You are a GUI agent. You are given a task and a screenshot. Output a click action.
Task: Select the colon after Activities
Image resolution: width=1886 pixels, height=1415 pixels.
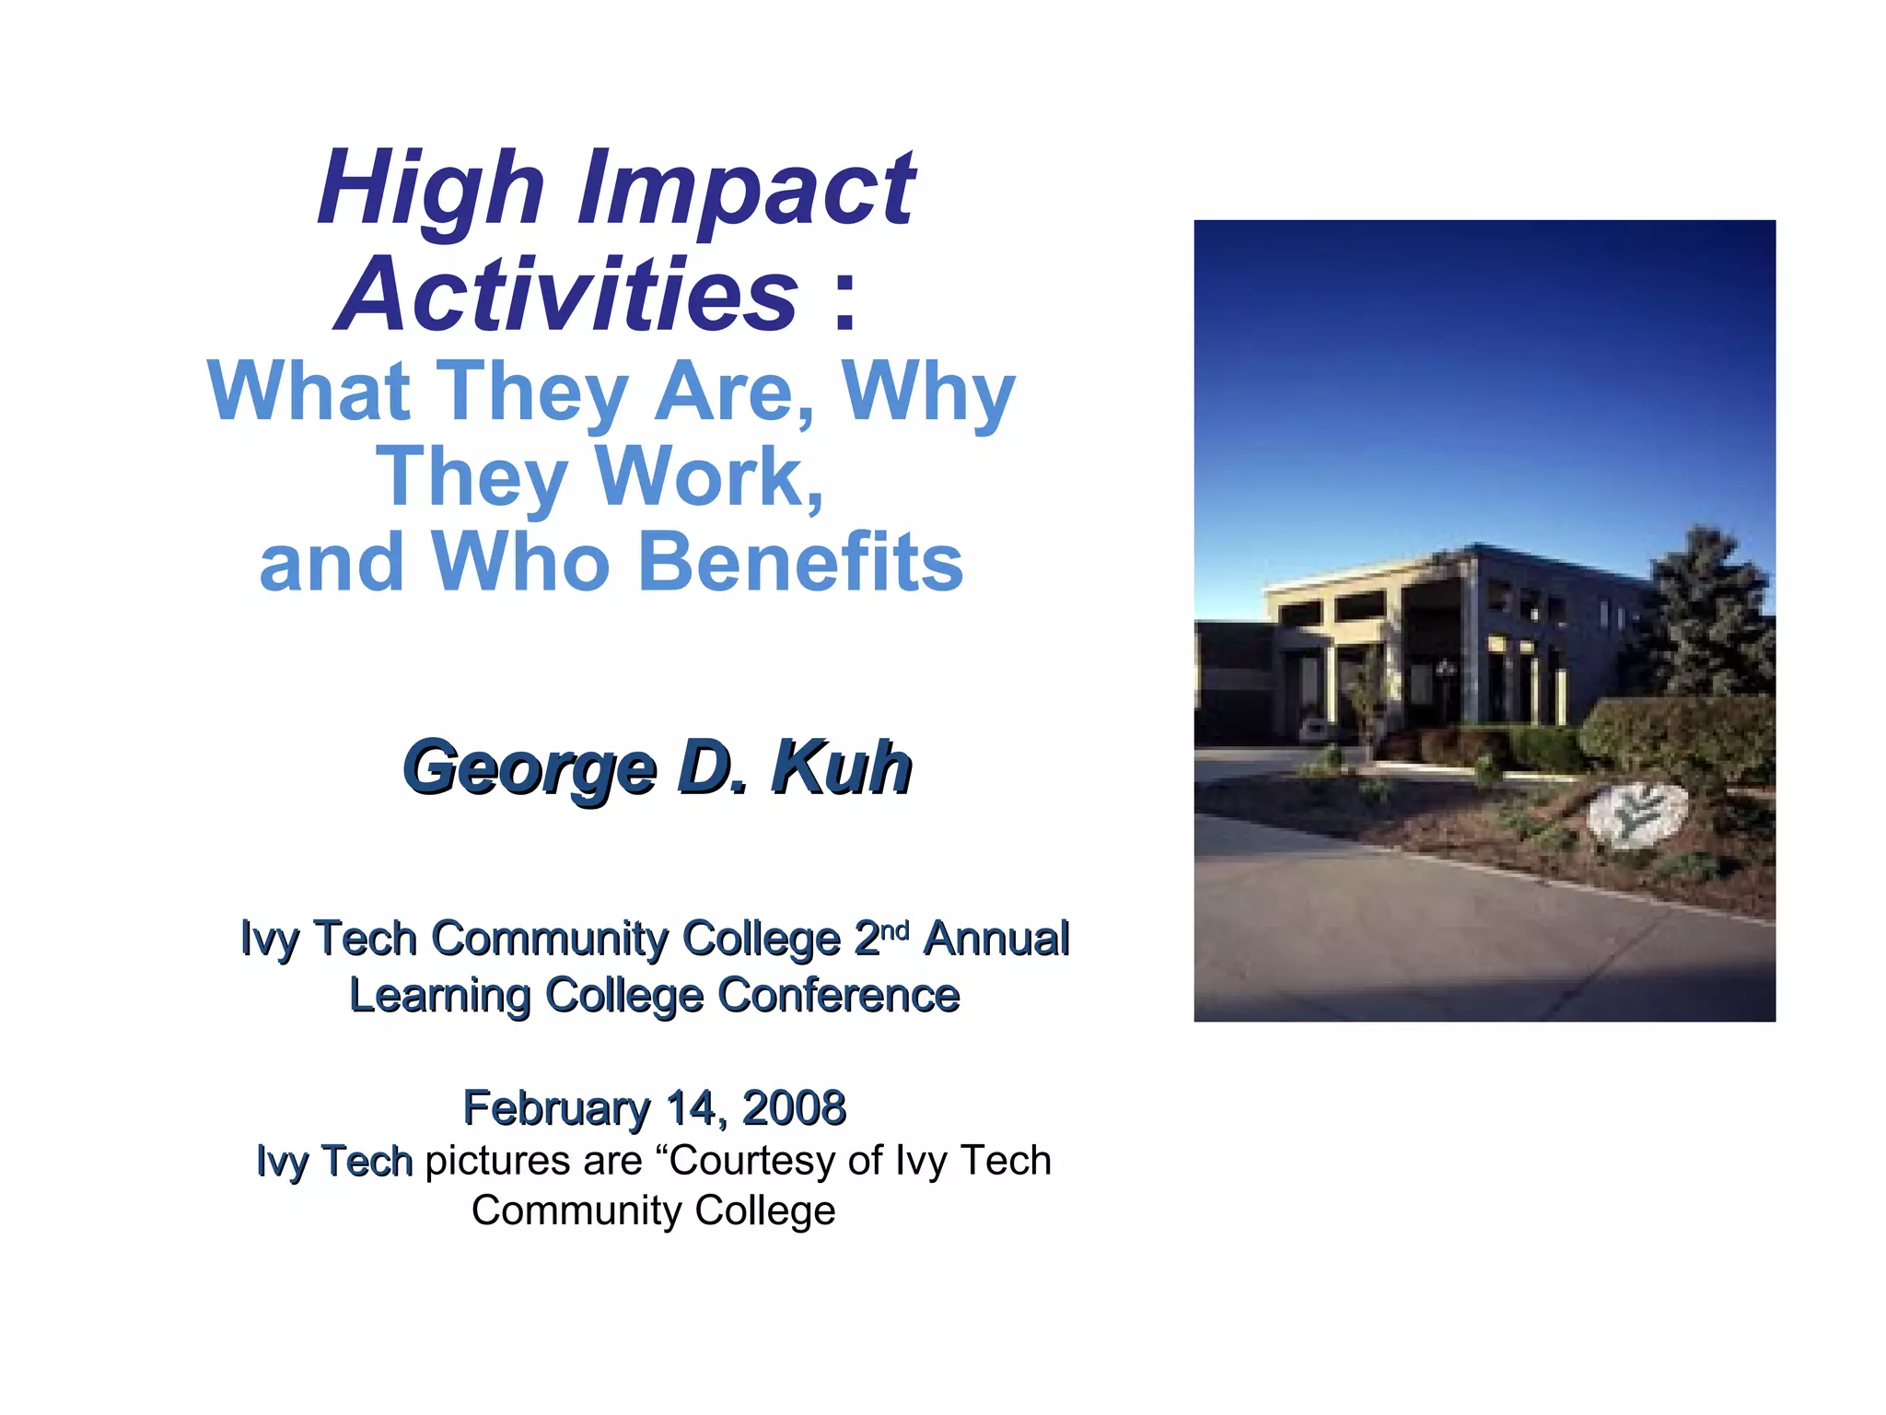pos(844,299)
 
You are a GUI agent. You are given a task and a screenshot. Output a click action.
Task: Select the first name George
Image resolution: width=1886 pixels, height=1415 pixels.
pos(530,768)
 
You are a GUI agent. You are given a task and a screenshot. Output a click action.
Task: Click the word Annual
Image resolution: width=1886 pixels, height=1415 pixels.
pos(996,939)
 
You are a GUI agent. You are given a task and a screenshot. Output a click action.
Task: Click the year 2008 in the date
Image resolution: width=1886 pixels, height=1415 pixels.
pos(794,1107)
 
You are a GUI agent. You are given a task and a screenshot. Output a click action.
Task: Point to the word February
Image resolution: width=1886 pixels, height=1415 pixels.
pos(556,1108)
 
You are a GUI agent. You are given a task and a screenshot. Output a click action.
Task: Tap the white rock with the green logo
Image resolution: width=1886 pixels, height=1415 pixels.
pos(1637,814)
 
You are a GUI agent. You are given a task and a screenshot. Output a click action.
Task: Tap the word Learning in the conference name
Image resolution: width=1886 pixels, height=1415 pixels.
pos(439,995)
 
